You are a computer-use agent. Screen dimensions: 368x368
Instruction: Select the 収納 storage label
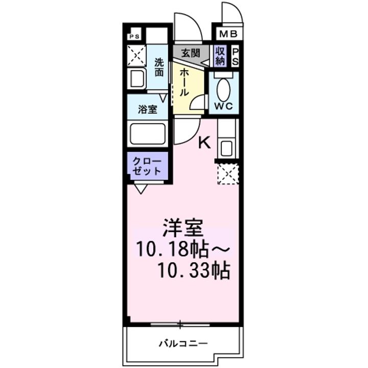pos(220,54)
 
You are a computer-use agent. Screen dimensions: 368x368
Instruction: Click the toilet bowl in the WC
pos(224,90)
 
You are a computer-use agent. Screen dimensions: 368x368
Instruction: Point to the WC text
pos(224,107)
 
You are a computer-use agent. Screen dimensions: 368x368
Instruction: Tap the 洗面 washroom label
pos(159,67)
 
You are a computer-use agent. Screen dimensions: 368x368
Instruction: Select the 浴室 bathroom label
pos(148,109)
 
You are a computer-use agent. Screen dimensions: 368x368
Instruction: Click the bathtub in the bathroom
pos(148,134)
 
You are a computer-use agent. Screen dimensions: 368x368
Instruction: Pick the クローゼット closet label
pos(147,166)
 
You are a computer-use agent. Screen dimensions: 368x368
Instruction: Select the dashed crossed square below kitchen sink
pos(227,174)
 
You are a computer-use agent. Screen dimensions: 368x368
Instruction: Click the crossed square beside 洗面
pos(136,56)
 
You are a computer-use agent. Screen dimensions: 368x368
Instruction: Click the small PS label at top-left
pos(134,36)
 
